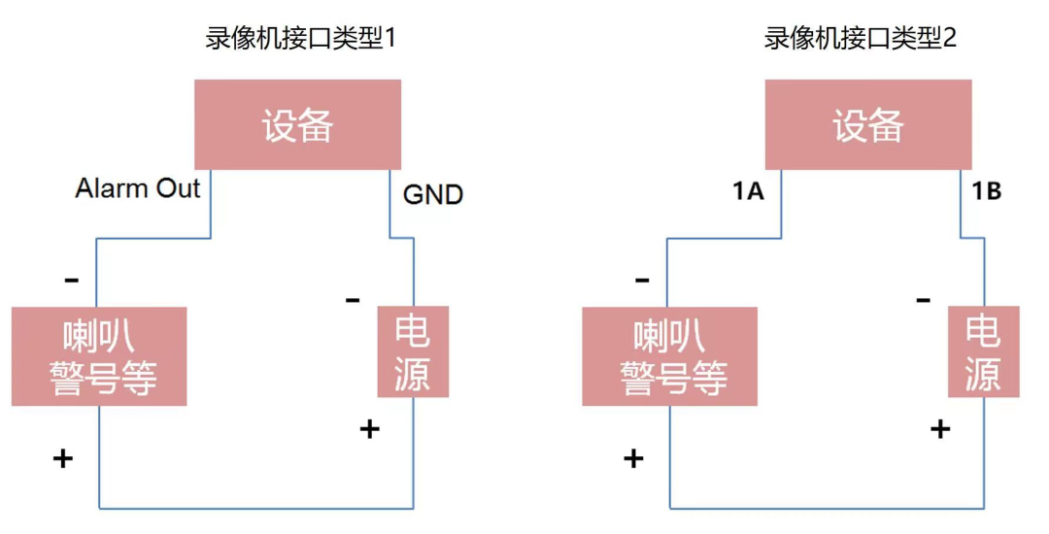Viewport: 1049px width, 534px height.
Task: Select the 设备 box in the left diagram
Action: (x=298, y=125)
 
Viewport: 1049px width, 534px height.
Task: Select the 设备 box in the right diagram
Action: (x=868, y=125)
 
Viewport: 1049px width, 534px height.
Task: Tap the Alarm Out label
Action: (x=138, y=188)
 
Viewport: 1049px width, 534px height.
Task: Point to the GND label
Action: (x=433, y=195)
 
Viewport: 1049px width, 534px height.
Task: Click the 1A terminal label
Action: (x=748, y=191)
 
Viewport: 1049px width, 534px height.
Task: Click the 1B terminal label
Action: (x=986, y=191)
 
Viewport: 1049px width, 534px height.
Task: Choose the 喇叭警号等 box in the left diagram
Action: (x=98, y=356)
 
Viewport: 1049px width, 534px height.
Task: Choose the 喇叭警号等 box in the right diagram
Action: (x=669, y=356)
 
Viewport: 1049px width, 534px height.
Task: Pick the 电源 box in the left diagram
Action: (x=413, y=352)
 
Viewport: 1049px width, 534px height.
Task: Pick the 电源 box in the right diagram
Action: (x=983, y=352)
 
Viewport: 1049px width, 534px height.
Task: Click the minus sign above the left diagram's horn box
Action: (x=71, y=281)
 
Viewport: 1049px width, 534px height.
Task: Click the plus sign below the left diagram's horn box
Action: (x=63, y=458)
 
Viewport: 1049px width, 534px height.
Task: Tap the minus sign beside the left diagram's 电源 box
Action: (x=353, y=300)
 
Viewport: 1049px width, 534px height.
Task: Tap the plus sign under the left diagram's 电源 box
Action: (x=369, y=428)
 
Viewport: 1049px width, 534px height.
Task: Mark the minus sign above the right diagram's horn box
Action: (x=642, y=281)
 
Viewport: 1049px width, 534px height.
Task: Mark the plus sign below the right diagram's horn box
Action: (x=633, y=458)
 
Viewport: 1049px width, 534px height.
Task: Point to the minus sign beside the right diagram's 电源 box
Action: (x=924, y=300)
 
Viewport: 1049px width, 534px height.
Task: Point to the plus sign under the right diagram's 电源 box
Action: (x=940, y=428)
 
